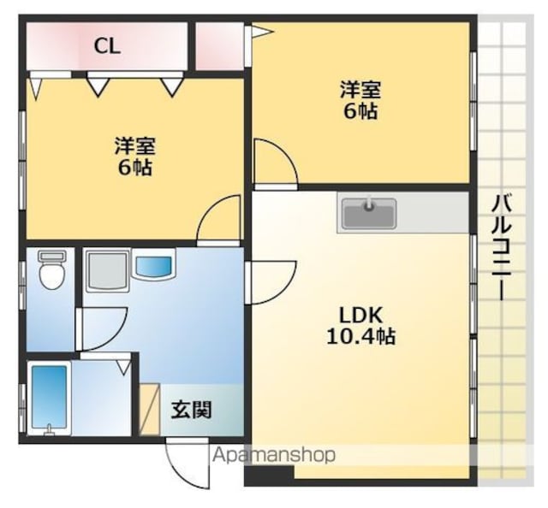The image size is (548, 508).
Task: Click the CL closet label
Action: [x=107, y=46]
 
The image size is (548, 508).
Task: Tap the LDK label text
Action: [x=361, y=316]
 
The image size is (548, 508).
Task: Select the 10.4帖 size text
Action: [x=361, y=337]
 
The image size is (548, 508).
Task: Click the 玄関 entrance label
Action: [x=192, y=410]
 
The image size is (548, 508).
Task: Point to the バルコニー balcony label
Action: [x=503, y=247]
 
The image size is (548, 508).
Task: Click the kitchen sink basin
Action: [x=369, y=213]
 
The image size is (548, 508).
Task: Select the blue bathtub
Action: [x=50, y=399]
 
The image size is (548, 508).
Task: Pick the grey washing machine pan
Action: [x=107, y=270]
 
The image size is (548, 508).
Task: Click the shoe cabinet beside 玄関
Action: [x=150, y=409]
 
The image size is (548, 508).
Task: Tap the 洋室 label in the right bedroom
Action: [x=360, y=90]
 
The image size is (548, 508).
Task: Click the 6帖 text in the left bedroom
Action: [x=135, y=168]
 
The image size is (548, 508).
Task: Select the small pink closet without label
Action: [x=219, y=46]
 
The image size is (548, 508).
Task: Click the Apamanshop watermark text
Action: [x=274, y=455]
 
